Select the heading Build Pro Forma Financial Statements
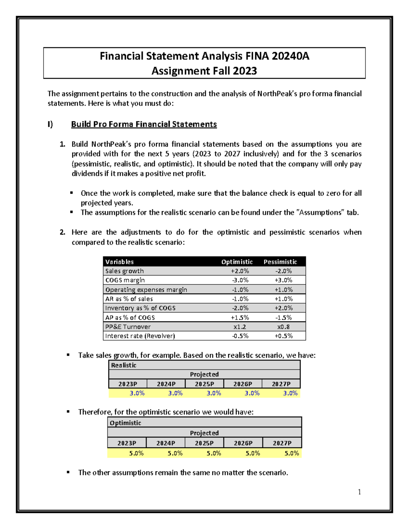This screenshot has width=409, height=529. pos(144,124)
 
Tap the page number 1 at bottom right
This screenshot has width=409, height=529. pos(359,492)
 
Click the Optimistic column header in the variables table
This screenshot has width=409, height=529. pos(237,262)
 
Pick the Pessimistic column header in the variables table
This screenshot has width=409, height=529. pos(280,262)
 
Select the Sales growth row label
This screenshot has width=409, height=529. pos(124,271)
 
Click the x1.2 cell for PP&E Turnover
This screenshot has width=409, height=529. pos(240,327)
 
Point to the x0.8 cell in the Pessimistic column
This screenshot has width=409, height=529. pos(283,327)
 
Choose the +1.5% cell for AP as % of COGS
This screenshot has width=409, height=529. pos(240,317)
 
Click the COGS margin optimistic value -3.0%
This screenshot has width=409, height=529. pos(240,280)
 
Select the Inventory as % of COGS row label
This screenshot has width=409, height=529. pos(140,308)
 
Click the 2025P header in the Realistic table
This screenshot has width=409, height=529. pos(204,384)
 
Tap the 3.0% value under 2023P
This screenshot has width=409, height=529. pos(137,393)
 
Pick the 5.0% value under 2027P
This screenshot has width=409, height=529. pos(291,453)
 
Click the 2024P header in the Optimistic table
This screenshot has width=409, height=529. pos(166,443)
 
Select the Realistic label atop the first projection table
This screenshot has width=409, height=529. pos(124,365)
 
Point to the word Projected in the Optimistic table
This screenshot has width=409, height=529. pos(204,433)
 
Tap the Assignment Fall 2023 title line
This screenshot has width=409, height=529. pos(204,71)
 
